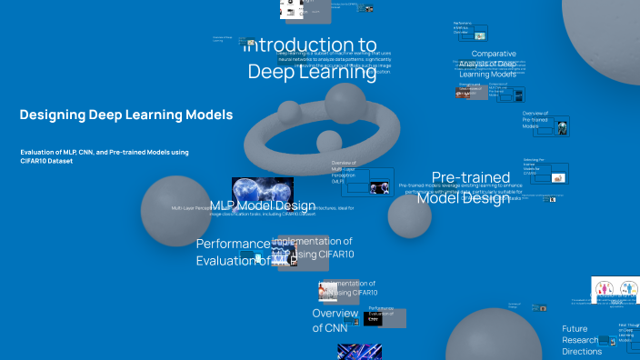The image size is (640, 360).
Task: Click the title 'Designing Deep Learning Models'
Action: click(125, 115)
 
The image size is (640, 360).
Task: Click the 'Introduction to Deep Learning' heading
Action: click(312, 58)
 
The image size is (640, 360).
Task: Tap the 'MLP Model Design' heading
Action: click(263, 206)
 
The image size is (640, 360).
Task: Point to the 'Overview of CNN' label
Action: click(335, 320)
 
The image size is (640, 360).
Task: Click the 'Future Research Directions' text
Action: click(582, 340)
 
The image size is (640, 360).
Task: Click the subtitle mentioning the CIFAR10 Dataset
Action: click(104, 155)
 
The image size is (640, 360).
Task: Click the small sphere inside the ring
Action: click(327, 141)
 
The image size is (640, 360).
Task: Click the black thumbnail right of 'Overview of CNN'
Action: click(372, 319)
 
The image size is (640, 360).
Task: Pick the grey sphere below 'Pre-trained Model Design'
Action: click(408, 217)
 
